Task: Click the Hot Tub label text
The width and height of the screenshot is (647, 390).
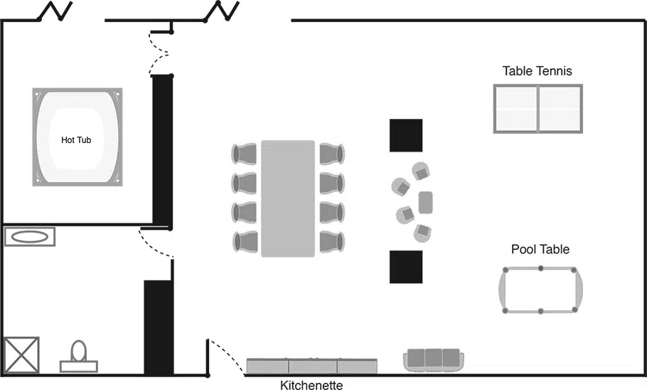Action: pyautogui.click(x=76, y=140)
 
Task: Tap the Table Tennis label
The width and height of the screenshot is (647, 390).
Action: pyautogui.click(x=538, y=71)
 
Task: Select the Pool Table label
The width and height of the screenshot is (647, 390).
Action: pyautogui.click(x=540, y=249)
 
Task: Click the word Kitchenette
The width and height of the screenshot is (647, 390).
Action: pyautogui.click(x=311, y=385)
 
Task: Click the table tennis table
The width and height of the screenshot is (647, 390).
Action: pyautogui.click(x=538, y=109)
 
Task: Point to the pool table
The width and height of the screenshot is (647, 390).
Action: pyautogui.click(x=540, y=290)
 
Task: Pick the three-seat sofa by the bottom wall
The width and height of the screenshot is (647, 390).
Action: pyautogui.click(x=434, y=360)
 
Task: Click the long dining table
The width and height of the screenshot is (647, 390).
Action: pyautogui.click(x=288, y=199)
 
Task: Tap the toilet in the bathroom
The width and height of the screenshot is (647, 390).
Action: pyautogui.click(x=79, y=356)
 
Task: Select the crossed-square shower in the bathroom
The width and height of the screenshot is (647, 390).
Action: pyautogui.click(x=21, y=355)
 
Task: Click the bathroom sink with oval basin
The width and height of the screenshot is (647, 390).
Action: pyautogui.click(x=30, y=237)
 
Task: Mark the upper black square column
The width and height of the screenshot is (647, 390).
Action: pyautogui.click(x=406, y=135)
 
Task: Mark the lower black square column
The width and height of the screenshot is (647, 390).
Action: pyautogui.click(x=406, y=267)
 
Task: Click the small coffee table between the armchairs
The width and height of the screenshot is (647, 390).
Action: pyautogui.click(x=425, y=202)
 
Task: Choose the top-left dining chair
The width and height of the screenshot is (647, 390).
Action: pyautogui.click(x=245, y=154)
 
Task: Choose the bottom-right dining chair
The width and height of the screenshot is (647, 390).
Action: pyautogui.click(x=332, y=242)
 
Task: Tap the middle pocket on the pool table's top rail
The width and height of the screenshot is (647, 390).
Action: pyautogui.click(x=540, y=268)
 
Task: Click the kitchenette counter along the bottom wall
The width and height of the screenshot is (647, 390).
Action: pyautogui.click(x=312, y=366)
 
